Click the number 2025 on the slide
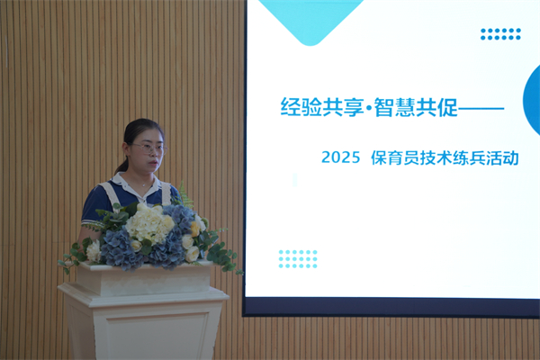point(340,157)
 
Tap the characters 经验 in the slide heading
point(301,107)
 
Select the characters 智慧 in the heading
point(395,107)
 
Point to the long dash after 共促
point(481,109)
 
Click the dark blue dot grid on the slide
point(500,34)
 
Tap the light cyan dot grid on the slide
point(298,259)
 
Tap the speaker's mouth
point(154,163)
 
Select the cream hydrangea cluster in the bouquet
point(149,223)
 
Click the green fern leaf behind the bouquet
point(186,195)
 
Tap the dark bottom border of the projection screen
point(391,307)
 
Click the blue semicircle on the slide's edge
point(531,100)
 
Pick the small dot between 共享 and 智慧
point(369,108)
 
